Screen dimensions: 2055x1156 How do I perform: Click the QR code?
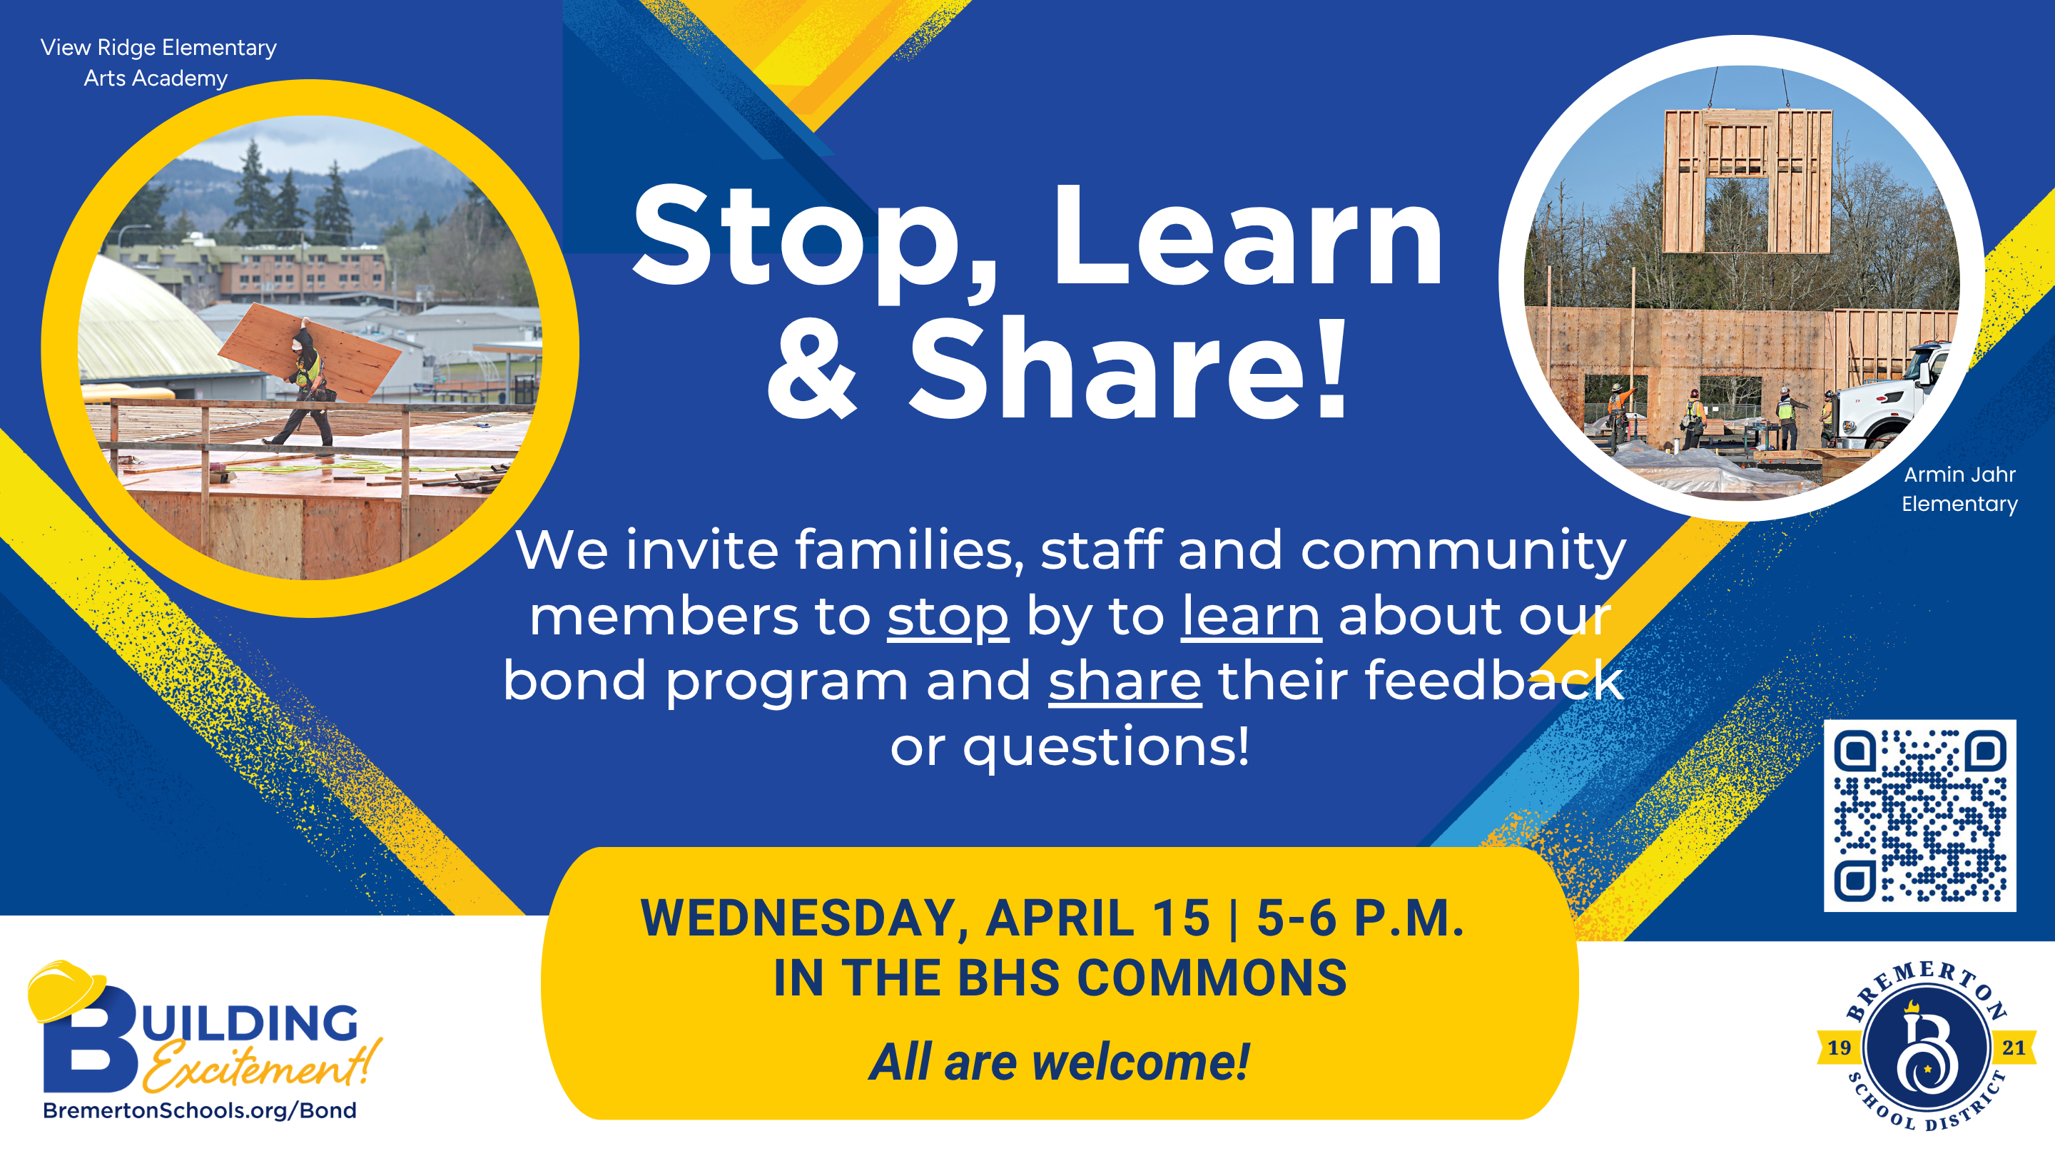coord(1919,816)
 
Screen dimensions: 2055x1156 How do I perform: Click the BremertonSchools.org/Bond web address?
coord(200,1110)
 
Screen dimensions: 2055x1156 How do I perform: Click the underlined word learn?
coord(1251,616)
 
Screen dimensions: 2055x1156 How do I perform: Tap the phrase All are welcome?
coord(1060,1063)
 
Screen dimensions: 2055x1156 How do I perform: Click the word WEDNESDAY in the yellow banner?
coord(804,918)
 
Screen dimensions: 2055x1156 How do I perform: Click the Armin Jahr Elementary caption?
coord(1959,489)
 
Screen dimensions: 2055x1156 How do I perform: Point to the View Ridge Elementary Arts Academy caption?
coord(158,62)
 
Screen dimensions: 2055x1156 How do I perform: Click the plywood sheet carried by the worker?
coord(310,350)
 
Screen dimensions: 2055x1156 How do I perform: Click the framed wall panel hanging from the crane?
coord(1747,181)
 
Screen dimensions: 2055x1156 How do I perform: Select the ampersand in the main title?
coord(811,370)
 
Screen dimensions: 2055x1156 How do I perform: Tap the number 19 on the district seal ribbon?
coord(1839,1048)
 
